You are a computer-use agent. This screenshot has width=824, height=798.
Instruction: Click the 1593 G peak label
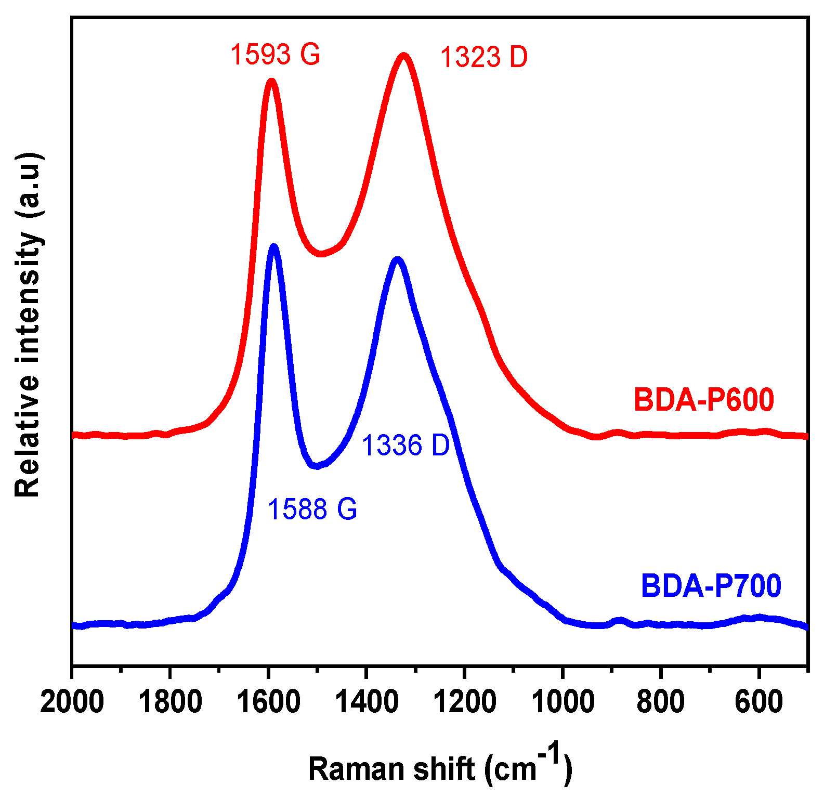click(275, 54)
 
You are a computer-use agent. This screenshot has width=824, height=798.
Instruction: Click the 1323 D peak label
click(483, 57)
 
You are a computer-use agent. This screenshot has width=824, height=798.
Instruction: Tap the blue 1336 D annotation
click(406, 446)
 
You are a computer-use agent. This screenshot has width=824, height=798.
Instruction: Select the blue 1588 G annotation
click(312, 508)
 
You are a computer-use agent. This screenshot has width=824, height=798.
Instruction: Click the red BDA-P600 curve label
click(704, 400)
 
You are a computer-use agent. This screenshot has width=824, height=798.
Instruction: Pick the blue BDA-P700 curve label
click(711, 585)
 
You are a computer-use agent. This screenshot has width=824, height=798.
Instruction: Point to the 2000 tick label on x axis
click(72, 703)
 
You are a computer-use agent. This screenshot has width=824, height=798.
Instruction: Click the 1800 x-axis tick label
click(170, 703)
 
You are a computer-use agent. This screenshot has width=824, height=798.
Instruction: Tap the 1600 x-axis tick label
click(268, 703)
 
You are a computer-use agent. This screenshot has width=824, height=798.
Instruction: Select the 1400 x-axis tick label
click(367, 703)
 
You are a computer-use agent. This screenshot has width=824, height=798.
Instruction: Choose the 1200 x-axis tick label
click(465, 703)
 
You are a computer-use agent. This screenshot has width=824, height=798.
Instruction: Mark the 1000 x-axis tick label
click(563, 703)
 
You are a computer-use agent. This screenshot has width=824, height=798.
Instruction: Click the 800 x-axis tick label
click(661, 703)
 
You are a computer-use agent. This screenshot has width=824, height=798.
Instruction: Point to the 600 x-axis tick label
click(759, 703)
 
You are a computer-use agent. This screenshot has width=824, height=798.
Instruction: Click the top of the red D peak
click(403, 55)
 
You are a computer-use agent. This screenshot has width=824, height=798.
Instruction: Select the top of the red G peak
click(271, 81)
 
